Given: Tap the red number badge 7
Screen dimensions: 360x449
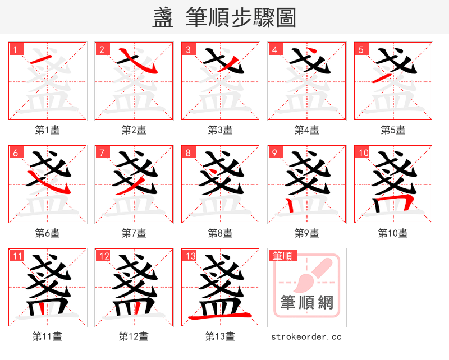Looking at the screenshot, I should pyautogui.click(x=101, y=153).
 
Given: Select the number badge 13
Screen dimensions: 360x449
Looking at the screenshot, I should pyautogui.click(x=190, y=256).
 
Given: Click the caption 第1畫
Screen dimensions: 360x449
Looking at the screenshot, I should pyautogui.click(x=48, y=130).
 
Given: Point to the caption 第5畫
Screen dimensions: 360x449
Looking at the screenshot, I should pyautogui.click(x=393, y=130).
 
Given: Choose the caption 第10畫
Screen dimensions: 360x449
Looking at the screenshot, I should pyautogui.click(x=393, y=233).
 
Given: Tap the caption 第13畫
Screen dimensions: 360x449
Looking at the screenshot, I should pyautogui.click(x=220, y=336).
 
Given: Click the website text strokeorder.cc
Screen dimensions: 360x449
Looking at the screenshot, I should pyautogui.click(x=306, y=336).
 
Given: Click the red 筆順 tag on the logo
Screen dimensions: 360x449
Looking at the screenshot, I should pyautogui.click(x=282, y=256).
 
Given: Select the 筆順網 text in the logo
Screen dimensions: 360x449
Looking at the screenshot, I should pyautogui.click(x=307, y=303).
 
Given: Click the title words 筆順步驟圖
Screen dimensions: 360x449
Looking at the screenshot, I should pyautogui.click(x=241, y=18).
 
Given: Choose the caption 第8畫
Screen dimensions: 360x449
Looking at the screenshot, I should pyautogui.click(x=220, y=233).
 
